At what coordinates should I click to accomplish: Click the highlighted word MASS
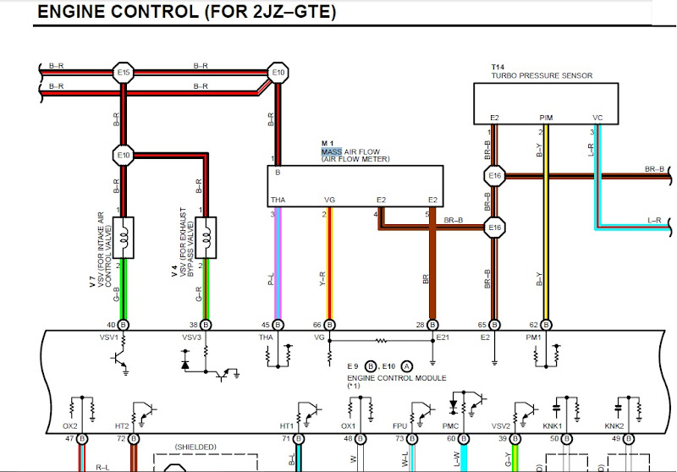pyautogui.click(x=331, y=151)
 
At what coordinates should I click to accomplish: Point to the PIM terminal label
pyautogui.click(x=546, y=118)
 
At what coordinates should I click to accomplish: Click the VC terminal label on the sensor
pyautogui.click(x=597, y=118)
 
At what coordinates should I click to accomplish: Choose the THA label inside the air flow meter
pyautogui.click(x=278, y=200)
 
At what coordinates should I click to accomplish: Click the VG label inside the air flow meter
pyautogui.click(x=330, y=200)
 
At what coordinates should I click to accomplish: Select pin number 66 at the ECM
pyautogui.click(x=317, y=324)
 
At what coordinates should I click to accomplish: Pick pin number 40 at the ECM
pyautogui.click(x=111, y=324)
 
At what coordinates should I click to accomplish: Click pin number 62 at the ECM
pyautogui.click(x=534, y=324)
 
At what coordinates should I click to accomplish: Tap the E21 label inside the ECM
pyautogui.click(x=442, y=338)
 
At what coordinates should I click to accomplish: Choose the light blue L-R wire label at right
pyautogui.click(x=654, y=220)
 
